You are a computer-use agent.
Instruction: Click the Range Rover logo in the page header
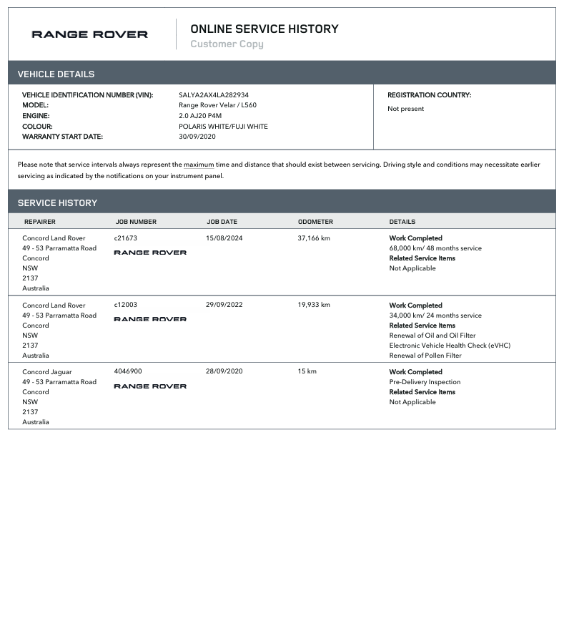[89, 34]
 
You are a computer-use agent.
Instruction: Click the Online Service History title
[264, 29]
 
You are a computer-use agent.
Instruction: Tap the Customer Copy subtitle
[227, 44]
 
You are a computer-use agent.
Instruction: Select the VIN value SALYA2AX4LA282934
[214, 95]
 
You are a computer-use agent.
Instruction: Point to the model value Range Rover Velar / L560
[217, 105]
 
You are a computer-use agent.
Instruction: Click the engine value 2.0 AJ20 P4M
[200, 116]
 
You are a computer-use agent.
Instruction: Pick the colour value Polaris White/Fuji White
[223, 127]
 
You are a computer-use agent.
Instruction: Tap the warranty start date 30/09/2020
[197, 137]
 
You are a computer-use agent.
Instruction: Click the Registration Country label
[429, 95]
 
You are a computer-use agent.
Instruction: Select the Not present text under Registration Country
[405, 109]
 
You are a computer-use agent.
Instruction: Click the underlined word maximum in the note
[199, 165]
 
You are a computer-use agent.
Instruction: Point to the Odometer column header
[315, 222]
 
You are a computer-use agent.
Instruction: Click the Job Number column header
[136, 222]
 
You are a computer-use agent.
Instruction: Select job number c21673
[125, 238]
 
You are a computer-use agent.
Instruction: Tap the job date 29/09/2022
[224, 305]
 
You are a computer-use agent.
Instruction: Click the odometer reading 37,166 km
[314, 238]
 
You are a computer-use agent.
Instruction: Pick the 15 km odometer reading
[307, 372]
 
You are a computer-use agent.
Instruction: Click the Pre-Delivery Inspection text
[425, 382]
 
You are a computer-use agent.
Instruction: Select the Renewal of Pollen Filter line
[425, 356]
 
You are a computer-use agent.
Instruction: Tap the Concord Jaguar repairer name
[46, 372]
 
